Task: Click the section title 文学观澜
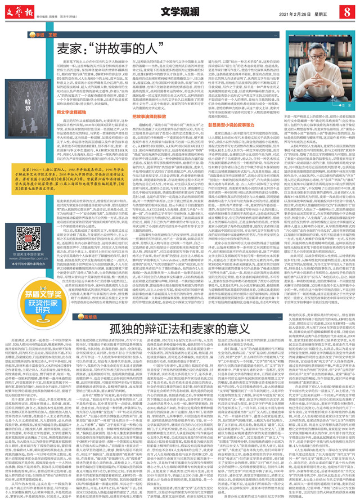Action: pyautogui.click(x=182, y=12)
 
